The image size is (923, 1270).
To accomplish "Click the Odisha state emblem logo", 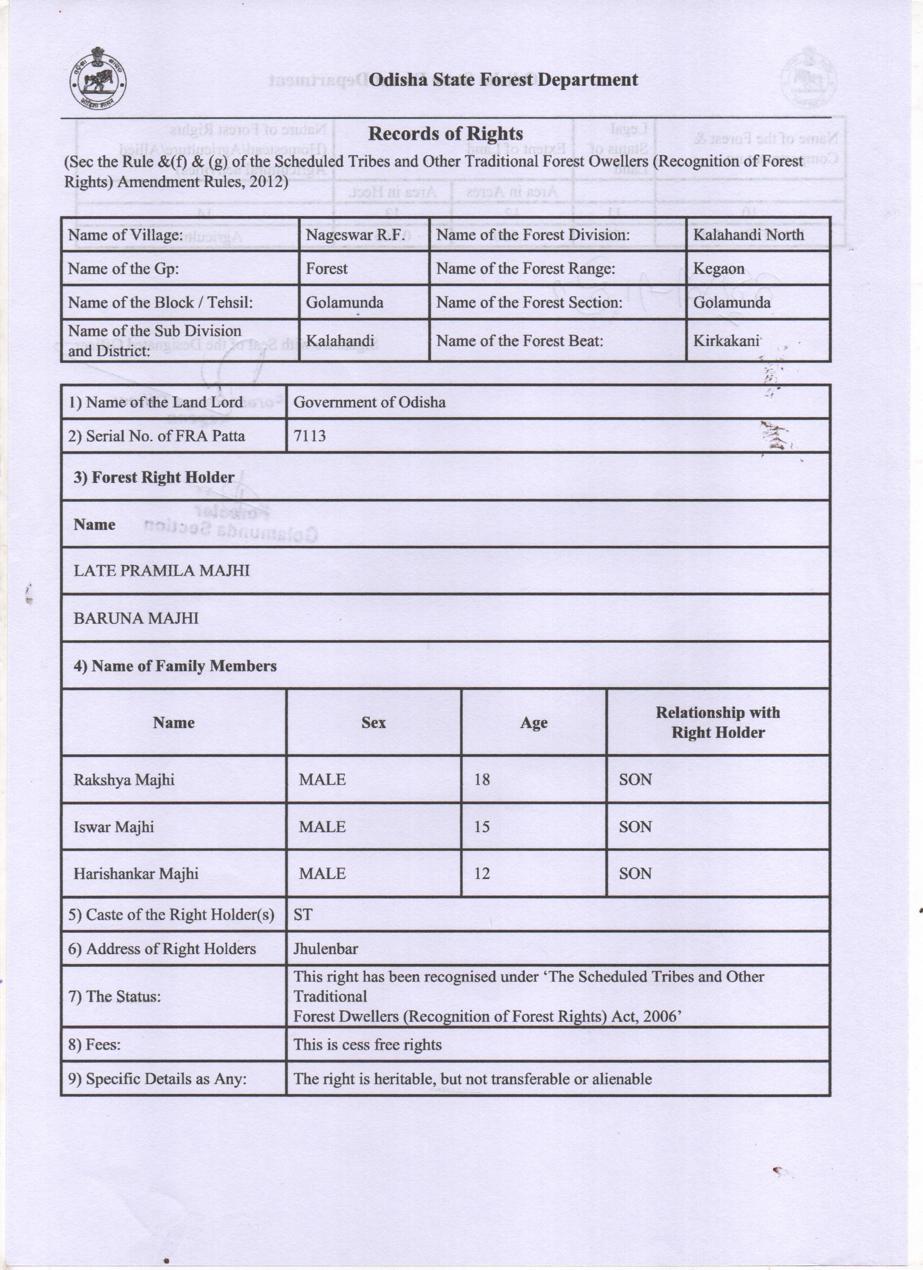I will (97, 80).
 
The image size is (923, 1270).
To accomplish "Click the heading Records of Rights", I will (445, 134).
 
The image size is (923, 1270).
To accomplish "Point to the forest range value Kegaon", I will (718, 269).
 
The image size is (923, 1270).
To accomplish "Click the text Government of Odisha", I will (369, 402).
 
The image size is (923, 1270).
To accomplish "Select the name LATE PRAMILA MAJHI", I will (161, 571).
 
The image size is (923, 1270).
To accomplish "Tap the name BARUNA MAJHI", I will (136, 618).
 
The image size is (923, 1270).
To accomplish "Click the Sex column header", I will (374, 722).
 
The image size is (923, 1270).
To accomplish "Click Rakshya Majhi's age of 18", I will (482, 779).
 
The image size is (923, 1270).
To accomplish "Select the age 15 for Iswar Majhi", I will (482, 826).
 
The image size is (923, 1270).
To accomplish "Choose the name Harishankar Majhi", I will (136, 873).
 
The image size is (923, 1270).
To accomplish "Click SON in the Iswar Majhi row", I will (635, 826).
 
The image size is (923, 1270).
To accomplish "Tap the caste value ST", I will (303, 914).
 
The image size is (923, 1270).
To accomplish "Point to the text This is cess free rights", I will (367, 1044).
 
